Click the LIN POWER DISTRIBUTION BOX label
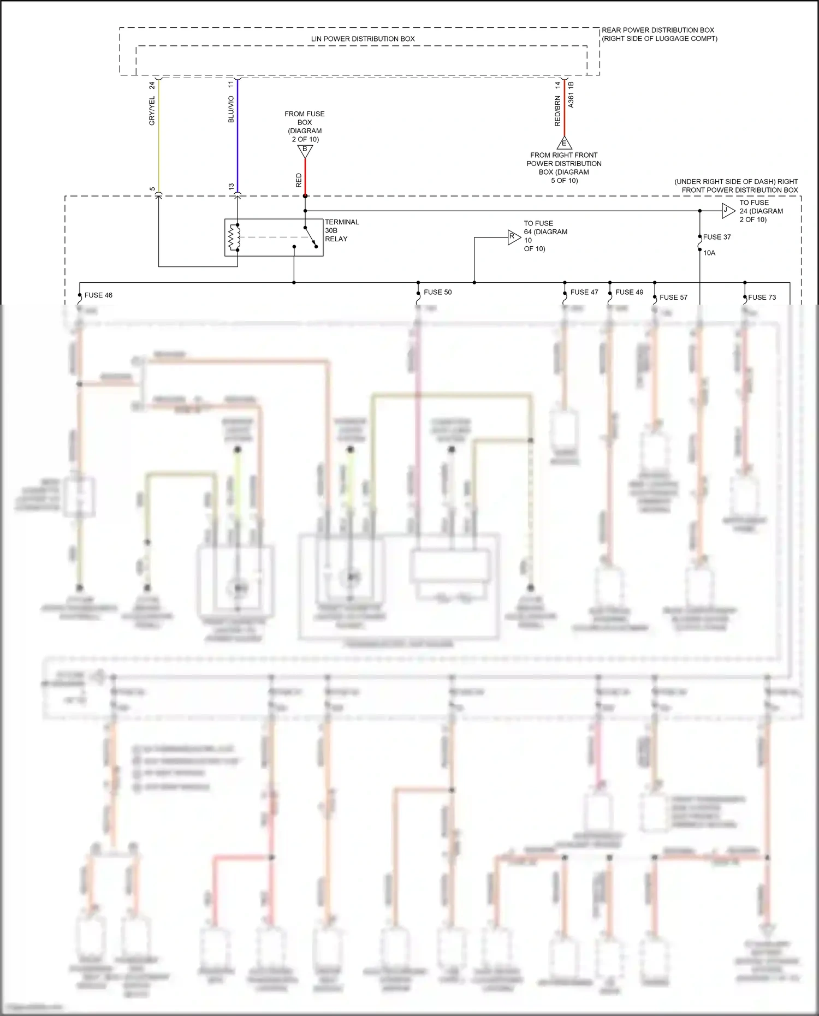point(363,39)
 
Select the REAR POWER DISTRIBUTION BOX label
point(658,34)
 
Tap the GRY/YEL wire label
point(152,111)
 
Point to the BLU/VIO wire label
point(231,109)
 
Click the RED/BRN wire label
point(557,111)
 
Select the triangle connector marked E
point(564,144)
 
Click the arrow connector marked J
point(727,211)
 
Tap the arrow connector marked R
point(513,237)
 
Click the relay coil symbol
point(234,237)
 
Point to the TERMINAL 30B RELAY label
point(342,230)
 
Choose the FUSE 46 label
point(98,295)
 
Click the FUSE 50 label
point(438,292)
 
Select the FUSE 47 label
point(584,292)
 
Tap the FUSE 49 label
point(629,292)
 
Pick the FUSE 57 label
point(673,298)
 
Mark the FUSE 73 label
point(762,298)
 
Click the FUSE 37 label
point(717,237)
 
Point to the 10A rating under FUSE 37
point(709,253)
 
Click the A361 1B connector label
point(571,94)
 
